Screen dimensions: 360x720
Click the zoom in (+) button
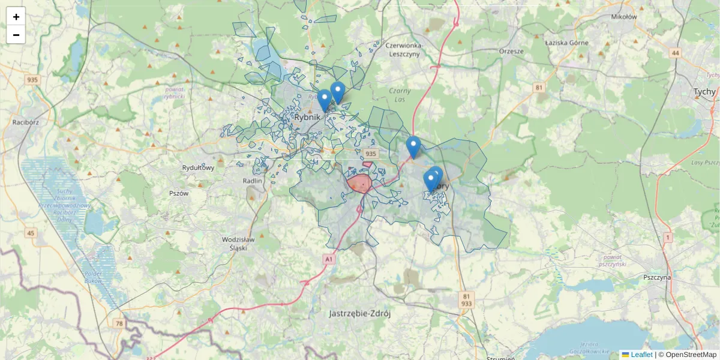pyautogui.click(x=16, y=17)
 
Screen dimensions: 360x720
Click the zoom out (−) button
pyautogui.click(x=16, y=35)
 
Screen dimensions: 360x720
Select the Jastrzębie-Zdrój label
pyautogui.click(x=360, y=313)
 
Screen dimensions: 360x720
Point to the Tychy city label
pyautogui.click(x=704, y=92)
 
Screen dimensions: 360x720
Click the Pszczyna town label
pyautogui.click(x=657, y=278)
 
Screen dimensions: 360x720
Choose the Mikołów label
pyautogui.click(x=624, y=17)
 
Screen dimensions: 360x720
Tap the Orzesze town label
pyautogui.click(x=511, y=51)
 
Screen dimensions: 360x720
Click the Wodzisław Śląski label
pyautogui.click(x=239, y=243)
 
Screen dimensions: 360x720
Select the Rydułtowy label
pyautogui.click(x=198, y=168)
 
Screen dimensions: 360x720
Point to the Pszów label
pyautogui.click(x=179, y=193)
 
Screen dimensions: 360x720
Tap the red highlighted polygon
pyautogui.click(x=359, y=183)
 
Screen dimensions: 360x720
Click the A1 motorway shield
pyautogui.click(x=328, y=259)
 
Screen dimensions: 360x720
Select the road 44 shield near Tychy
pyautogui.click(x=676, y=53)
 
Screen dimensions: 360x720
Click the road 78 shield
pyautogui.click(x=119, y=323)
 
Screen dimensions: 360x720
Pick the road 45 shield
pyautogui.click(x=31, y=233)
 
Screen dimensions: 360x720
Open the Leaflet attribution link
pyautogui.click(x=641, y=355)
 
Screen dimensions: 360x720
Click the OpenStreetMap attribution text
pyautogui.click(x=691, y=355)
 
